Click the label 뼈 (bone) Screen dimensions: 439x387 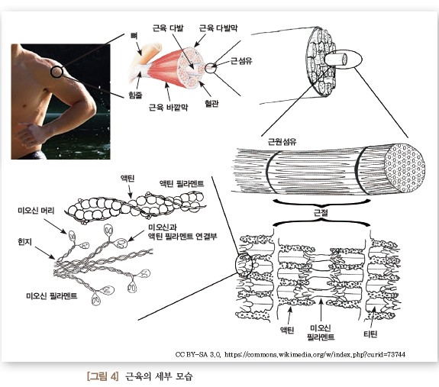tap(134, 36)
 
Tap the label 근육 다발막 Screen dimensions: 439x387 tap(218, 28)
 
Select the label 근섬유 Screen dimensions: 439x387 tap(241, 61)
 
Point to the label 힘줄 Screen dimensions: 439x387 tap(135, 95)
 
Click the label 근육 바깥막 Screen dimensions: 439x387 tap(168, 107)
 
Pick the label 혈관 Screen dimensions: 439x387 tap(211, 104)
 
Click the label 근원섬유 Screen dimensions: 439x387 tap(282, 141)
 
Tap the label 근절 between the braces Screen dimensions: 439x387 tap(321, 213)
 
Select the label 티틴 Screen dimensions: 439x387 tap(370, 334)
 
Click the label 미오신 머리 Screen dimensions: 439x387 tap(36, 210)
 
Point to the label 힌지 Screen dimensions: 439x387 tap(25, 241)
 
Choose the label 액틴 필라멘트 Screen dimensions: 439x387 tap(182, 183)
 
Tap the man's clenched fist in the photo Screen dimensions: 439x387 tap(30, 134)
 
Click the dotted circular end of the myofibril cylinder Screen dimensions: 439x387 tap(405, 168)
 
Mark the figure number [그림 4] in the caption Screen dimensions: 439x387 tap(103, 376)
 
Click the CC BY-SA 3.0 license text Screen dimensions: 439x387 tap(199, 354)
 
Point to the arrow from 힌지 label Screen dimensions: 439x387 tap(45, 253)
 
